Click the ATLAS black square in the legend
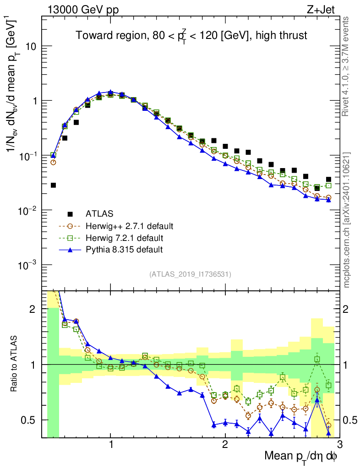(x=70, y=214)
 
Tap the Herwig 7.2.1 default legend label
(x=124, y=238)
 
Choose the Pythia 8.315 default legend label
(x=124, y=250)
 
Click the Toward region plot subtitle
(x=191, y=35)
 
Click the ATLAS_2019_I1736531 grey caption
(x=190, y=274)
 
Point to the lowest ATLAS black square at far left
(x=53, y=185)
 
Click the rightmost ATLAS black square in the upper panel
(x=328, y=180)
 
